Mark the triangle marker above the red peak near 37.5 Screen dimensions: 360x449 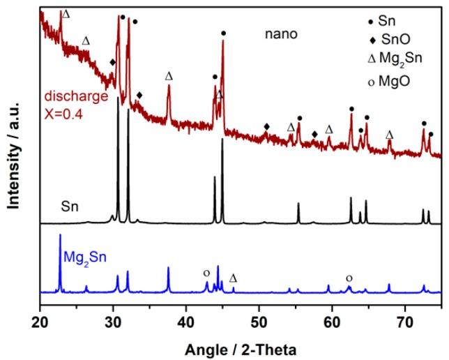168,75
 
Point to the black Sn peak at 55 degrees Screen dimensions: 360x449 298,204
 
